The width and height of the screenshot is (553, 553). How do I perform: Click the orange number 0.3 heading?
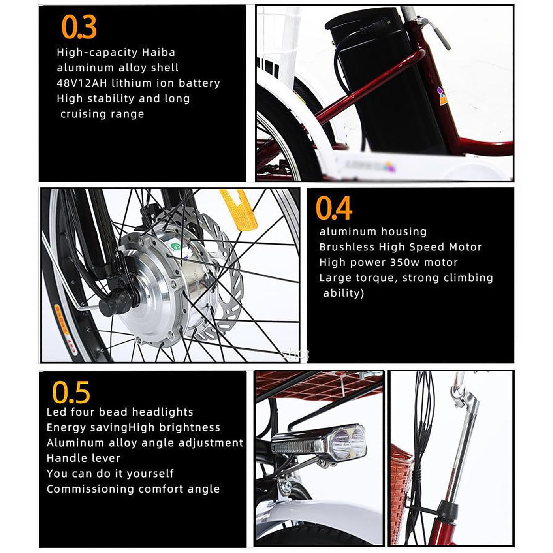[79, 26]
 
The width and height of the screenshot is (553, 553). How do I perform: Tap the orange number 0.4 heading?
[334, 208]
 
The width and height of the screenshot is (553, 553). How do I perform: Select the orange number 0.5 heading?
[71, 392]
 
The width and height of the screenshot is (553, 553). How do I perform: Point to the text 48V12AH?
[82, 83]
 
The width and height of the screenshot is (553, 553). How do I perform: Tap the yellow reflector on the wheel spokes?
[239, 210]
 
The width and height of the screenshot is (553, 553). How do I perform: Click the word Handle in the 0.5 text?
[64, 458]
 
